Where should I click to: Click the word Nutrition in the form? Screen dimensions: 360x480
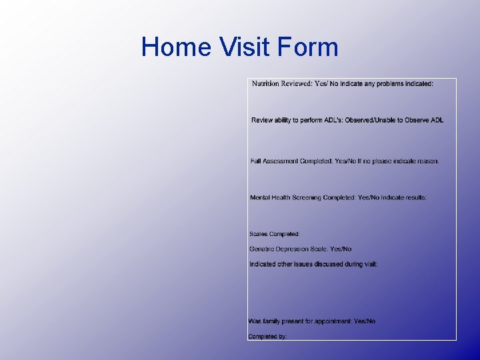coord(265,84)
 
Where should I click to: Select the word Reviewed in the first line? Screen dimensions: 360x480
coord(296,84)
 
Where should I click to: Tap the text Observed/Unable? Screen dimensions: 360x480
coord(369,120)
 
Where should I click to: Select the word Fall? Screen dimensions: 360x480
coord(255,161)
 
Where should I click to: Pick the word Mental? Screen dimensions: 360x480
coord(260,198)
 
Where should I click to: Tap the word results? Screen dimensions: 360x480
coord(415,198)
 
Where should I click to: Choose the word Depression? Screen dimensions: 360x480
coord(296,249)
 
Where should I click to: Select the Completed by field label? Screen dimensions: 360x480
coord(267,337)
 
